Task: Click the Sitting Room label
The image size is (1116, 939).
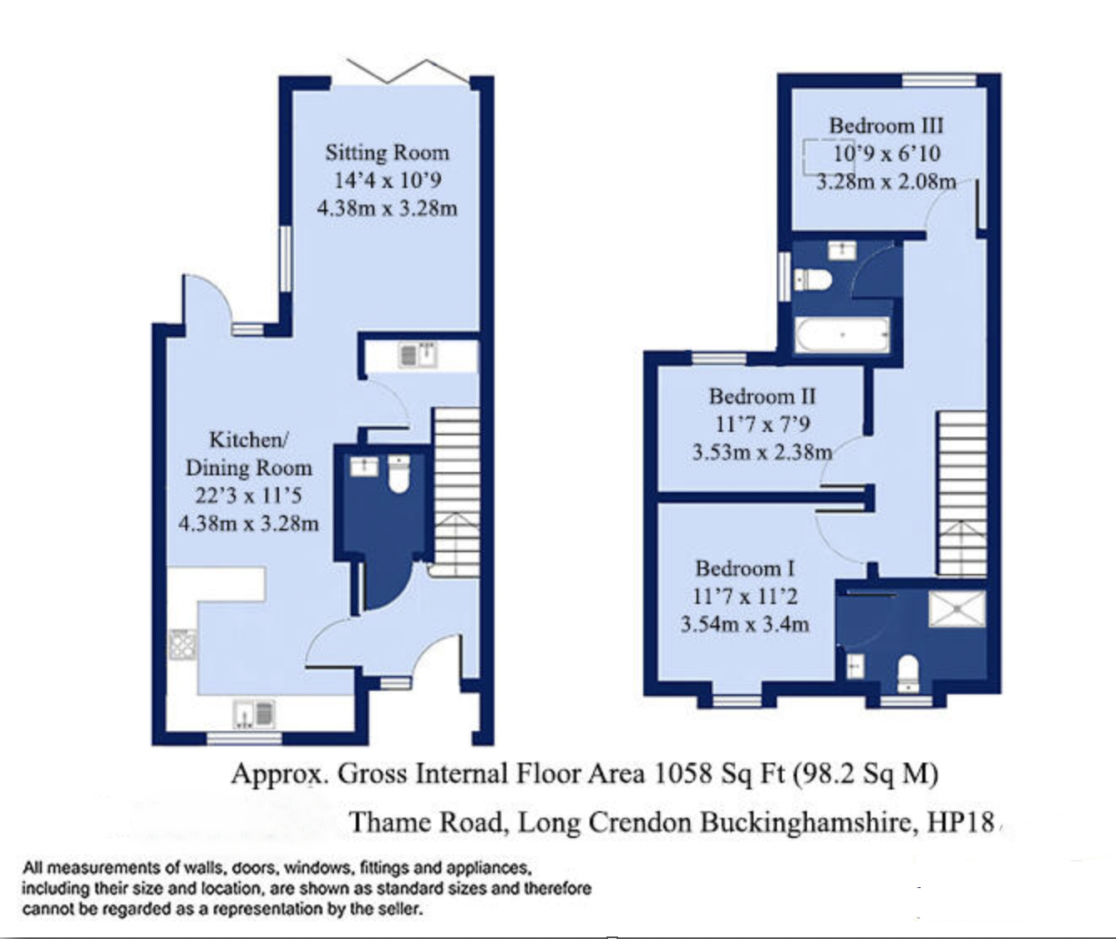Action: point(387,153)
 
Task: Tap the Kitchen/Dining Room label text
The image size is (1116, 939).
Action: point(249,454)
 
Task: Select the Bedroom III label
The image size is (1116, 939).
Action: point(885,126)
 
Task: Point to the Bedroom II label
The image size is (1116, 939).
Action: point(762,396)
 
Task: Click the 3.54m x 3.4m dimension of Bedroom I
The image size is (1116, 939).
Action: point(744,624)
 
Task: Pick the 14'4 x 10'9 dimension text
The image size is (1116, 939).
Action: point(387,180)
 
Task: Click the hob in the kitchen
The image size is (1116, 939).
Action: point(183,645)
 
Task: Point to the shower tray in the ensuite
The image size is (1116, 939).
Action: point(957,608)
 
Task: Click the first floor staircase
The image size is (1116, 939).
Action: point(962,493)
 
